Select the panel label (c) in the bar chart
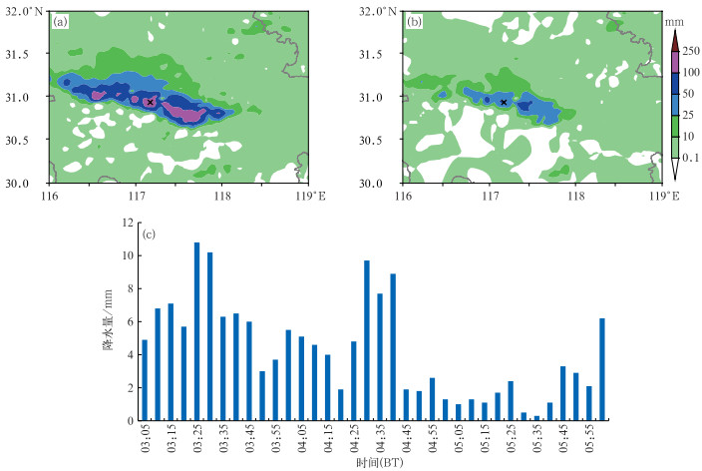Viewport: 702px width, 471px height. [x=149, y=235]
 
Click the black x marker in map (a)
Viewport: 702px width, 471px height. [x=150, y=102]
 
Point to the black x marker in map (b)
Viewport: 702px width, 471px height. [x=505, y=102]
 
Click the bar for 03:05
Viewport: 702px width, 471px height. [x=145, y=380]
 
